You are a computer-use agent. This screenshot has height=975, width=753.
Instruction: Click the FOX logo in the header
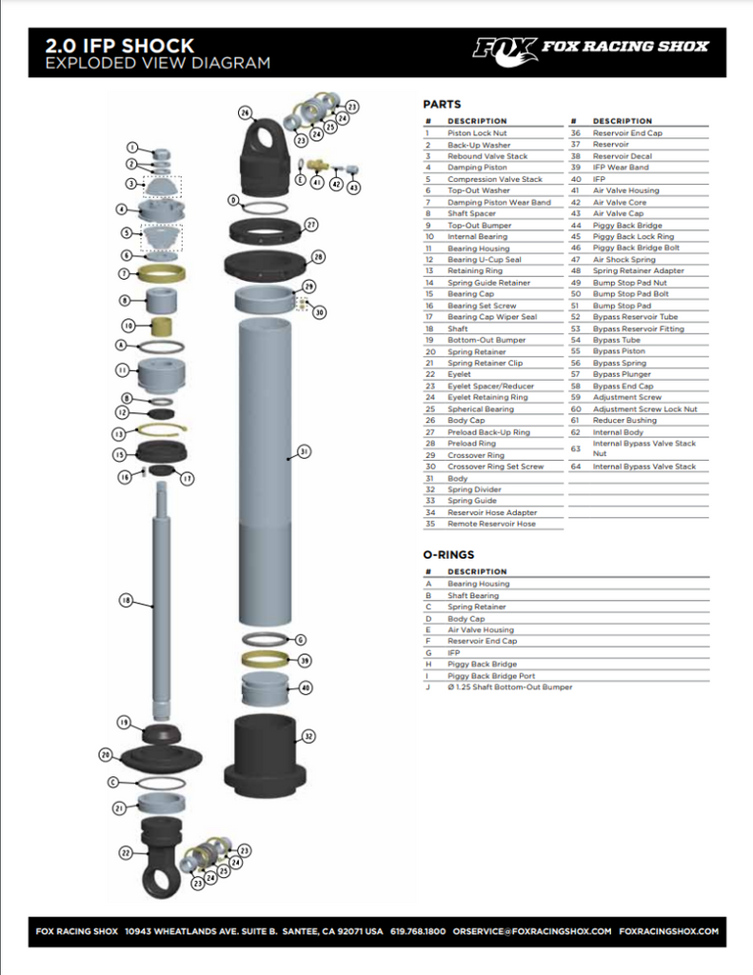pyautogui.click(x=505, y=47)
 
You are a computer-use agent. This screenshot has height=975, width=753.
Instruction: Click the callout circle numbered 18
pyautogui.click(x=126, y=601)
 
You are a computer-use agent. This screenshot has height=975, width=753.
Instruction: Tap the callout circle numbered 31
pyautogui.click(x=305, y=451)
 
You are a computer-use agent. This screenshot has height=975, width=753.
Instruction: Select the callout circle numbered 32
pyautogui.click(x=308, y=735)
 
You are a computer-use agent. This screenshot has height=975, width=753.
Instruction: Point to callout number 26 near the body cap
pyautogui.click(x=245, y=112)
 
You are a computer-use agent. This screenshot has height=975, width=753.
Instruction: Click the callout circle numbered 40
pyautogui.click(x=305, y=686)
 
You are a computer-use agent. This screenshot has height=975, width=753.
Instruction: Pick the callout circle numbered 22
pyautogui.click(x=125, y=853)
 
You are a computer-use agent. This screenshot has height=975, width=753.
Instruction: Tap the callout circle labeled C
pyautogui.click(x=111, y=782)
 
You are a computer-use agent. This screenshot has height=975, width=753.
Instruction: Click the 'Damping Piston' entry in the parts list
pyautogui.click(x=477, y=168)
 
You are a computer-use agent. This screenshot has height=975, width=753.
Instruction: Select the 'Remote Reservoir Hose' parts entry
pyautogui.click(x=491, y=524)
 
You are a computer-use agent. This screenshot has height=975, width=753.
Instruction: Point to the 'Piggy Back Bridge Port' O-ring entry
pyautogui.click(x=491, y=675)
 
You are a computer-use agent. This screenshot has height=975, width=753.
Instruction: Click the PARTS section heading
pyautogui.click(x=442, y=104)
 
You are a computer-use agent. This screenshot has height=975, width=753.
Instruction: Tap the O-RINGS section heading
pyautogui.click(x=448, y=554)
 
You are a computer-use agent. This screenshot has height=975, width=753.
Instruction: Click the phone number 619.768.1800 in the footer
pyautogui.click(x=418, y=931)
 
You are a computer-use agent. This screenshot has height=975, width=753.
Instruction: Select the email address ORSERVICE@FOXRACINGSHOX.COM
pyautogui.click(x=531, y=931)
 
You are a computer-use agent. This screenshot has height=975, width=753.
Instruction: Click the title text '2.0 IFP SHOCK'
pyautogui.click(x=120, y=45)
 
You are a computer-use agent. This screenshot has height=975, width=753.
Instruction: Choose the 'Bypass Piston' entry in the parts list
pyautogui.click(x=618, y=351)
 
